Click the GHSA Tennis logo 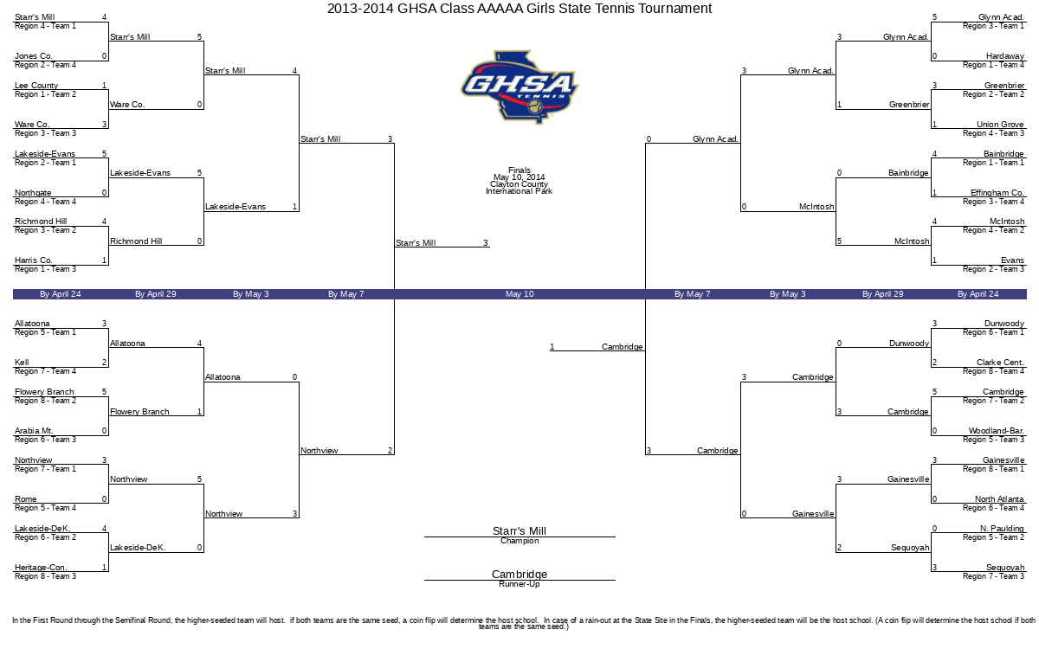click(519, 87)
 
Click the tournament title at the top click(519, 9)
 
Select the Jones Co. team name click(34, 56)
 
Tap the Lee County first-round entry click(36, 86)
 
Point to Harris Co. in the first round click(34, 260)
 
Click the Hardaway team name click(1005, 56)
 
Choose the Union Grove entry click(1001, 125)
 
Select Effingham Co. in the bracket click(997, 192)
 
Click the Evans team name click(1012, 260)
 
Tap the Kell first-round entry click(22, 362)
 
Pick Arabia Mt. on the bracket click(34, 431)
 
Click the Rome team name click(25, 498)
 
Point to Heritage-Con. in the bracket click(41, 568)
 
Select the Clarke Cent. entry click(1000, 362)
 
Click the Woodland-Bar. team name click(997, 431)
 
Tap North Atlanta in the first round click(999, 498)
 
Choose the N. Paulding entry click(1002, 529)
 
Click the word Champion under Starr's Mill click(519, 541)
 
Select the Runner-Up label click(519, 584)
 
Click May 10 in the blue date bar click(519, 294)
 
